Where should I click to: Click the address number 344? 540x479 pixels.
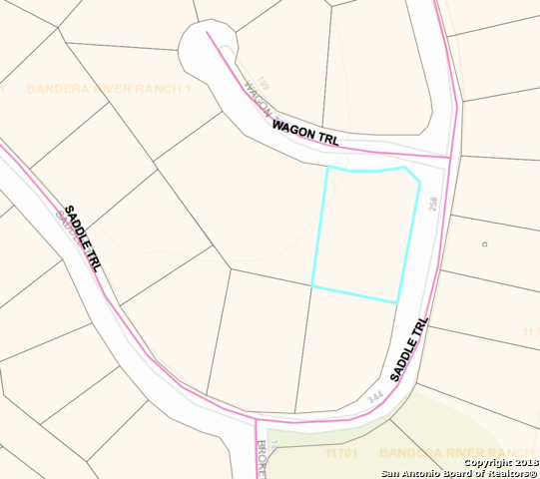click(375, 397)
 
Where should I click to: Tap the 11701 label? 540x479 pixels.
click(340, 453)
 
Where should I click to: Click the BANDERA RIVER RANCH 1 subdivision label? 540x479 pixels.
click(108, 89)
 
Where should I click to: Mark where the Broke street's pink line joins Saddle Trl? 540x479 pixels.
click(249, 420)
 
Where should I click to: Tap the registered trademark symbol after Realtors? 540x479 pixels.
click(532, 473)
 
